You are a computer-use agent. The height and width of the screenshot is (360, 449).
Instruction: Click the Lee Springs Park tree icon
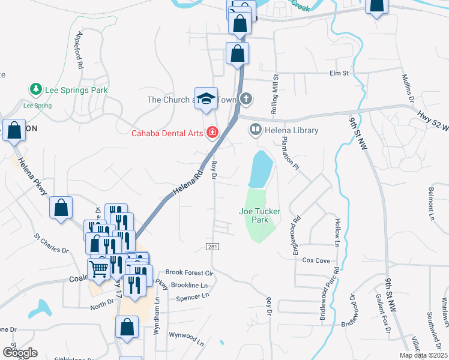pos(35,90)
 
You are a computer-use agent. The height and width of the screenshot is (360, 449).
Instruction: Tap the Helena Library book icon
pos(255,130)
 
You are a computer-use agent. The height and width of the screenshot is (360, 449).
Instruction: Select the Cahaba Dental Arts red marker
pos(212,133)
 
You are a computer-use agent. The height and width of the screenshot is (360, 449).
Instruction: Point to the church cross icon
pos(246,99)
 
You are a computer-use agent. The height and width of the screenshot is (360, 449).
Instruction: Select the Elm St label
pos(339,73)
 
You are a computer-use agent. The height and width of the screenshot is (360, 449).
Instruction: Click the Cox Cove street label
pos(316,260)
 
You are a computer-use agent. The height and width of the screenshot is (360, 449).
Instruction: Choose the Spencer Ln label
pos(192,296)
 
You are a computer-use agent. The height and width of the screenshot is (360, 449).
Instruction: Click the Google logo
pos(20,352)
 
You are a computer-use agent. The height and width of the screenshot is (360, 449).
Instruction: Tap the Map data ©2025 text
pos(422,355)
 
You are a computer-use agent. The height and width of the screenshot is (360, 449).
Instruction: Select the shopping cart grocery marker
pos(98,268)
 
